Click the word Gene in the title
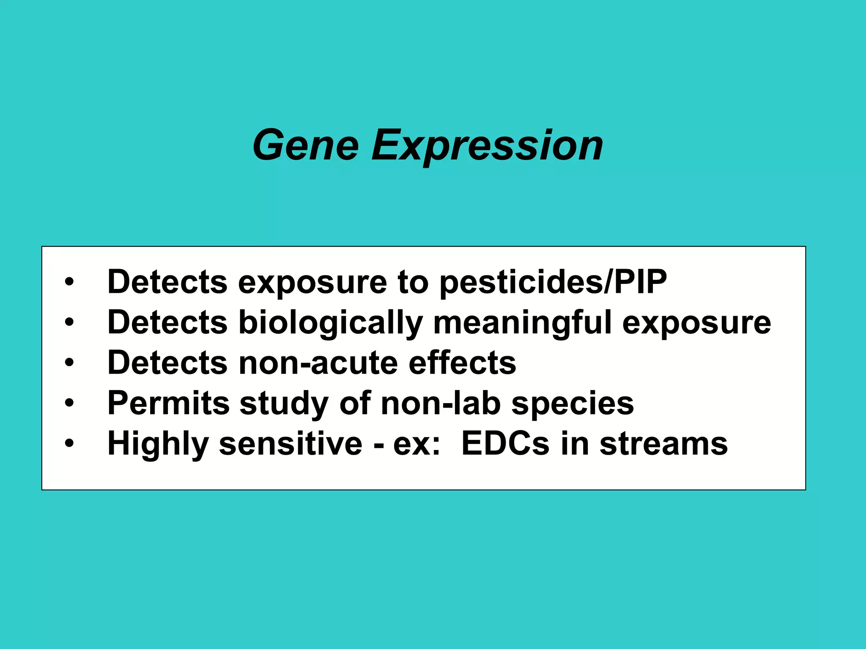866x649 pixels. click(x=305, y=145)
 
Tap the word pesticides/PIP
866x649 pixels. click(x=553, y=282)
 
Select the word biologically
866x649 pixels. click(x=331, y=323)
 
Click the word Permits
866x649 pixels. click(x=168, y=403)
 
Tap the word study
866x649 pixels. click(x=284, y=403)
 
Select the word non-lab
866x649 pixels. click(x=441, y=403)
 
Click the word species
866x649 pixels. click(x=573, y=403)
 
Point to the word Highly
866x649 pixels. click(x=158, y=444)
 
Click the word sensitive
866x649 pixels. click(x=290, y=444)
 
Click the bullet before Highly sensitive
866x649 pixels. click(x=69, y=444)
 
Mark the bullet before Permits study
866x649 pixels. click(x=69, y=403)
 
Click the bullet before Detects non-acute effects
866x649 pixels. click(x=69, y=363)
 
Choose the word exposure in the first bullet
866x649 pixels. click(x=312, y=282)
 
